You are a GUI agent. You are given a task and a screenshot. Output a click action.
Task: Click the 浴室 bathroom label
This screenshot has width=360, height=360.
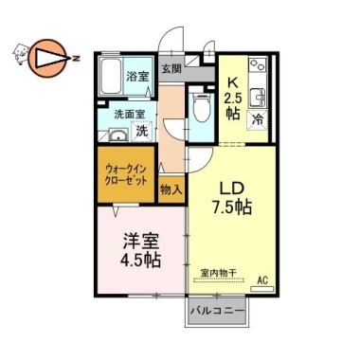coord(137,76)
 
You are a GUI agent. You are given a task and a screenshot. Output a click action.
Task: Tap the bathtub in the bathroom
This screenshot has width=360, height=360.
coord(109,74)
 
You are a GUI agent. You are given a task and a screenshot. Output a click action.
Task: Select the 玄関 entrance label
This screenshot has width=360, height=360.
coord(171,68)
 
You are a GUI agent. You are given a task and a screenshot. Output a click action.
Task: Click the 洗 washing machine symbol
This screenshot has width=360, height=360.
coord(139,131)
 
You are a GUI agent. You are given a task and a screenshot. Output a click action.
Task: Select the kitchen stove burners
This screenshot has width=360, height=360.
coord(257,68)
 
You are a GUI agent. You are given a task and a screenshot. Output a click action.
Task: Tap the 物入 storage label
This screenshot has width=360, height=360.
coord(171,189)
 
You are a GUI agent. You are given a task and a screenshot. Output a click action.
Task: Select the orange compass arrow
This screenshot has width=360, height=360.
coord(45,59)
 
